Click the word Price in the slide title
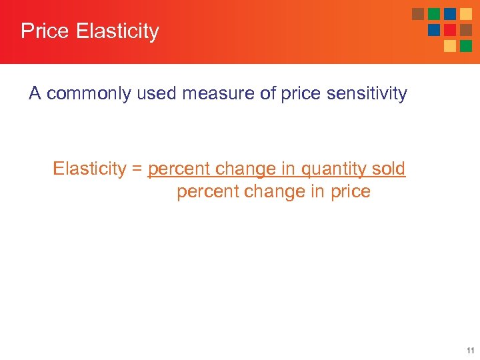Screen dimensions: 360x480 tap(44, 31)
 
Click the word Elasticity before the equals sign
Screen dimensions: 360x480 tap(89, 169)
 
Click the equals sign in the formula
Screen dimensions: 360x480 tap(137, 169)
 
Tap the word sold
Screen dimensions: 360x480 tap(389, 169)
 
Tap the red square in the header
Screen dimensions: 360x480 tap(450, 30)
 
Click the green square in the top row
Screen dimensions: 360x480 tap(434, 14)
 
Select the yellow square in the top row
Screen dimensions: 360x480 tap(466, 14)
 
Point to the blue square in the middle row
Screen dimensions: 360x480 tap(434, 30)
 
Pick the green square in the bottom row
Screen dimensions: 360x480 tap(466, 46)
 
